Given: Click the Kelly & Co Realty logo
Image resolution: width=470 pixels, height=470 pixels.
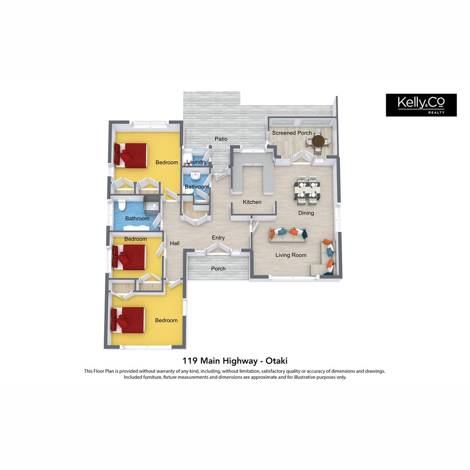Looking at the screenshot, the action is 421,105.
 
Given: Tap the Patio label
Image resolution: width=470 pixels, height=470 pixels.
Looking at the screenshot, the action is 221,139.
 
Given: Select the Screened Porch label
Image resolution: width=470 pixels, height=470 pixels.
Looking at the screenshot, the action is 292,133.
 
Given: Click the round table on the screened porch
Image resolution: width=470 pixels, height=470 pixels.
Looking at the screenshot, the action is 318,141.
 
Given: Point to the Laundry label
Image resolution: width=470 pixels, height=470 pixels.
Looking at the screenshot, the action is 196,162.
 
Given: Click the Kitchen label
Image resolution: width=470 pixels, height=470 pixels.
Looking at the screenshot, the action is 252,202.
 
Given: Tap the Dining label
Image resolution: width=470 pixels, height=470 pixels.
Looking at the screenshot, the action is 306,213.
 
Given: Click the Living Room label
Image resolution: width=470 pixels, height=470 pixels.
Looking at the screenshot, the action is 291,255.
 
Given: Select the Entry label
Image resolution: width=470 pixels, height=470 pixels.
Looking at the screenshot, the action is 218,238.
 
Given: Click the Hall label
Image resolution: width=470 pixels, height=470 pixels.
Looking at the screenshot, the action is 175,243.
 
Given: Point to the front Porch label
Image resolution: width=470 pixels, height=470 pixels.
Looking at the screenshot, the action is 218,269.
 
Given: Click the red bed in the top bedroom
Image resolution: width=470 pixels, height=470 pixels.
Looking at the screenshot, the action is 131,155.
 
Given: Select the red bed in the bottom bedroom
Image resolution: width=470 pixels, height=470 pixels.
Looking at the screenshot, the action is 128,320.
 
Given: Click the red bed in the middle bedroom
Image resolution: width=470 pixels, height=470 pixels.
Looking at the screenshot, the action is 128,258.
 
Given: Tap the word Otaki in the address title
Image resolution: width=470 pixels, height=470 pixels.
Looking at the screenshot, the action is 277,361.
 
